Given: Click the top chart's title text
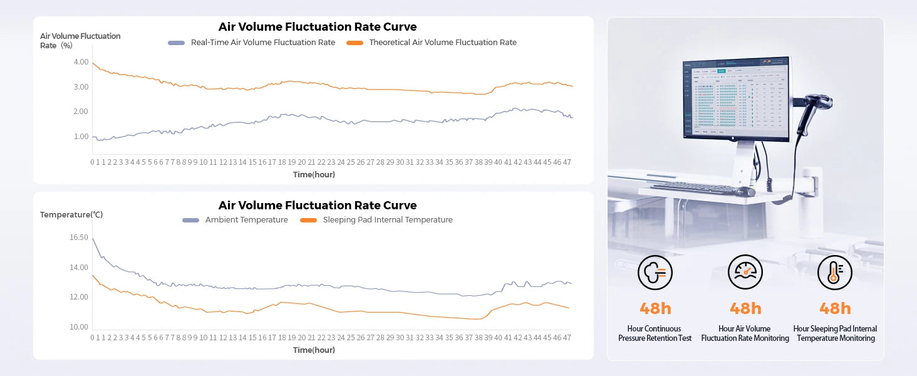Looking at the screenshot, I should [x=317, y=27].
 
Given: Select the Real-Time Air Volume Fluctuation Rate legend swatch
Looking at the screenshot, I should [x=177, y=43].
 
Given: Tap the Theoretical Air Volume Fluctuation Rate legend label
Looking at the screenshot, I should [x=442, y=43].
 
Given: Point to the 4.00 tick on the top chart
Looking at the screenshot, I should [x=81, y=62].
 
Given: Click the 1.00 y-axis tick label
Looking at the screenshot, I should [x=81, y=137].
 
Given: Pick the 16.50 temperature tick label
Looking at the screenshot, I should [x=79, y=238].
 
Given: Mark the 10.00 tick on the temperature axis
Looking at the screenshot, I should [x=79, y=327].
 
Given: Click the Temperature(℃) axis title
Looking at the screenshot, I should [x=71, y=215].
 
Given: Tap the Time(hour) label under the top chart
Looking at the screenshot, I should [x=314, y=175].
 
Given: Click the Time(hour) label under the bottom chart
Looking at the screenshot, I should [x=314, y=350].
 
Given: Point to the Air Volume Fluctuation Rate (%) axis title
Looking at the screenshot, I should [x=80, y=41].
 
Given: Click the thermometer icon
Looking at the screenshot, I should [x=834, y=273].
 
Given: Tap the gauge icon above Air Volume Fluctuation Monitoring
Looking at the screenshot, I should [x=745, y=273].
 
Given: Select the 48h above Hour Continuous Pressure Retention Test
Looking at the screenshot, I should [x=655, y=308].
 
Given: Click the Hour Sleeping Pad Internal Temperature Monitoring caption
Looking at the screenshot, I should [x=834, y=333].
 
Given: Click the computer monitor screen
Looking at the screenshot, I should [x=737, y=100].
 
